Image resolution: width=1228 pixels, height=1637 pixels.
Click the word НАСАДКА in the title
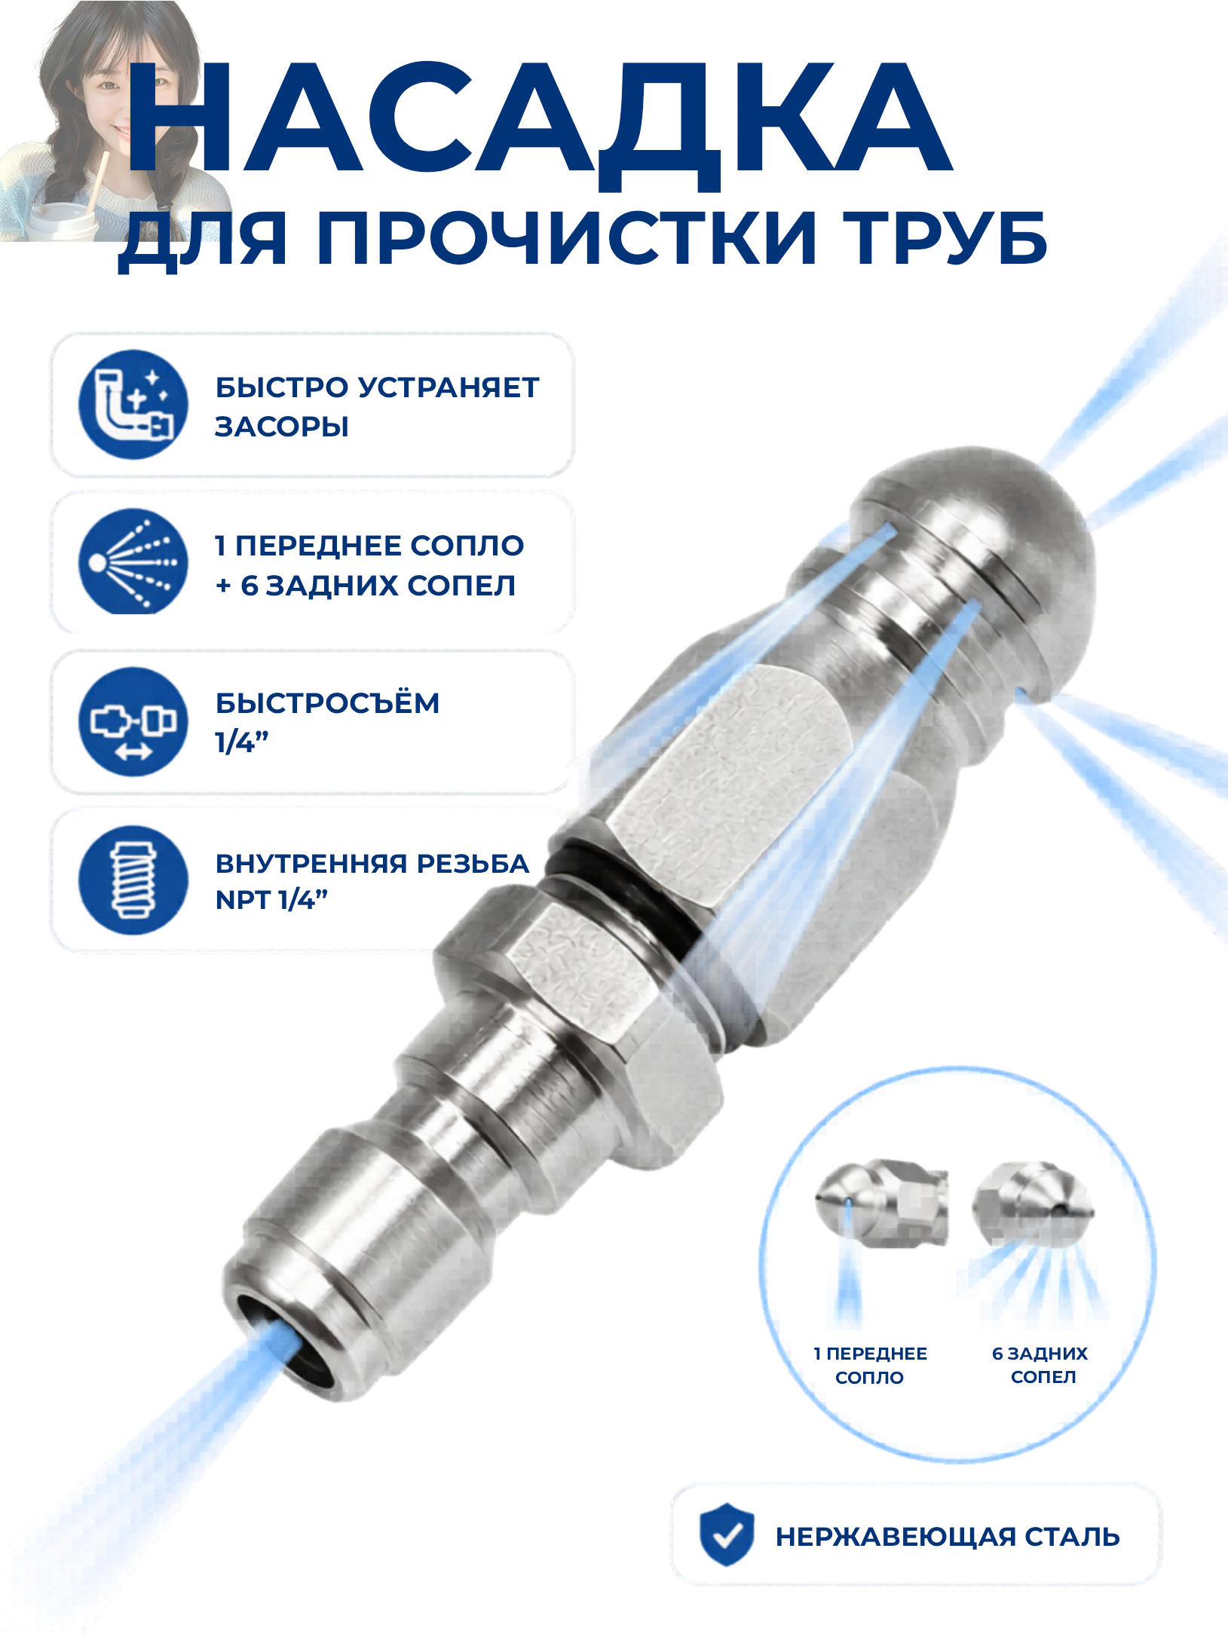click(x=540, y=118)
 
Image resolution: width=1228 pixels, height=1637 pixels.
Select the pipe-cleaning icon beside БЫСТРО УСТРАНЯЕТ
click(x=133, y=405)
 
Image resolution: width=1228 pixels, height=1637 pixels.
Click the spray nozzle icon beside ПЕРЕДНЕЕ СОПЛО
click(x=133, y=562)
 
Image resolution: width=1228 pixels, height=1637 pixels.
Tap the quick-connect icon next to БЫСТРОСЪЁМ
click(x=133, y=721)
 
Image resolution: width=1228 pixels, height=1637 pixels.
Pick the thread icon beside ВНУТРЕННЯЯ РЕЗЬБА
click(x=133, y=880)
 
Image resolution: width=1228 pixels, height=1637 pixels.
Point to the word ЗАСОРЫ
click(x=282, y=427)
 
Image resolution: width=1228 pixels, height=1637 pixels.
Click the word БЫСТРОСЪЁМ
click(x=327, y=702)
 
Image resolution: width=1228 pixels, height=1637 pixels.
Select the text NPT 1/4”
click(x=271, y=900)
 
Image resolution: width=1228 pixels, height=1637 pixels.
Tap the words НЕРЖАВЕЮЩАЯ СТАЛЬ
click(x=948, y=1537)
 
